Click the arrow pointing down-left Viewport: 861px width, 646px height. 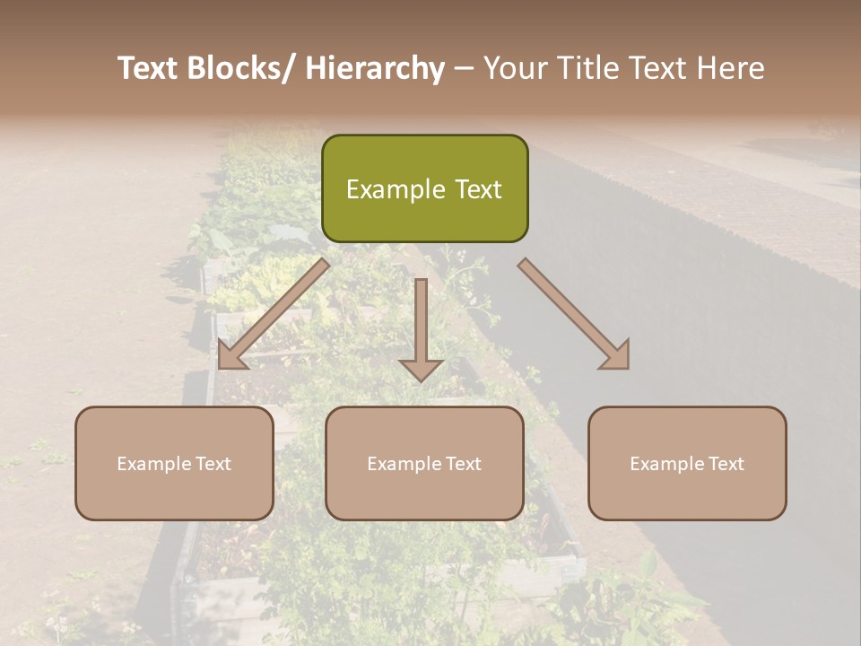tap(273, 314)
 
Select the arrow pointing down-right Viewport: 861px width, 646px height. tap(574, 314)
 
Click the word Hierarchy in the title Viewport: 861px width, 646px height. tap(375, 68)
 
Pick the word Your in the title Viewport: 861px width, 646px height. tap(513, 68)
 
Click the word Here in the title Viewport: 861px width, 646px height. tap(728, 68)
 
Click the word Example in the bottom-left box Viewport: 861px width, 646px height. tap(147, 464)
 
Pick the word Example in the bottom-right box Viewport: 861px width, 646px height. tap(660, 464)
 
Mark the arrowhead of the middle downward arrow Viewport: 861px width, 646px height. tap(421, 369)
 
